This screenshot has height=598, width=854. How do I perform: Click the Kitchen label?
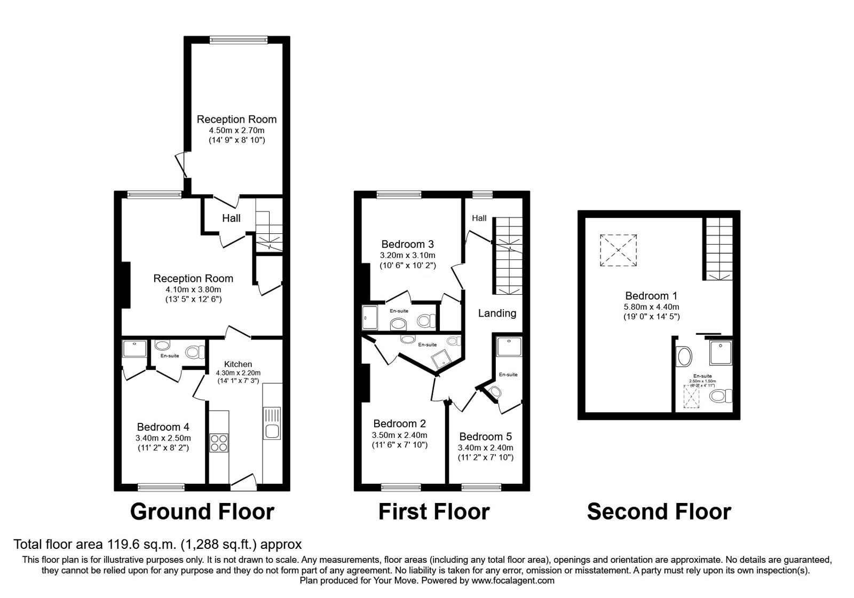tap(238, 364)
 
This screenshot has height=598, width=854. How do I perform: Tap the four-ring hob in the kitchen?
tap(218, 443)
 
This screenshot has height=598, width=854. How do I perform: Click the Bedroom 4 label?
tap(163, 427)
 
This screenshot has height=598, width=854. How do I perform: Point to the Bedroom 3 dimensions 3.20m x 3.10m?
tap(407, 255)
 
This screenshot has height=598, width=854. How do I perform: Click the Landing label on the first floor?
tap(497, 313)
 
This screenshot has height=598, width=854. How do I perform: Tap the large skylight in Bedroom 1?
tap(619, 250)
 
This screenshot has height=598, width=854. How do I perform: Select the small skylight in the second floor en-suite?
tap(692, 396)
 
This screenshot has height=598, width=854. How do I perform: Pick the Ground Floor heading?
tap(202, 512)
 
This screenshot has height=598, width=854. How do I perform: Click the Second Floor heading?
tap(659, 512)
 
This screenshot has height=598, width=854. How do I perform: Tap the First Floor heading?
tap(433, 512)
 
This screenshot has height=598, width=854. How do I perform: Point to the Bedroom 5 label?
tap(485, 437)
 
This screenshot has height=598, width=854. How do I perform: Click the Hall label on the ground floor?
tap(231, 218)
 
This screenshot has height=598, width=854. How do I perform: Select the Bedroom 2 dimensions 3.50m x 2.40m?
tap(399, 435)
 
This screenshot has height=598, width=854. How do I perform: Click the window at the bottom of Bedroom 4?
tap(161, 486)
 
